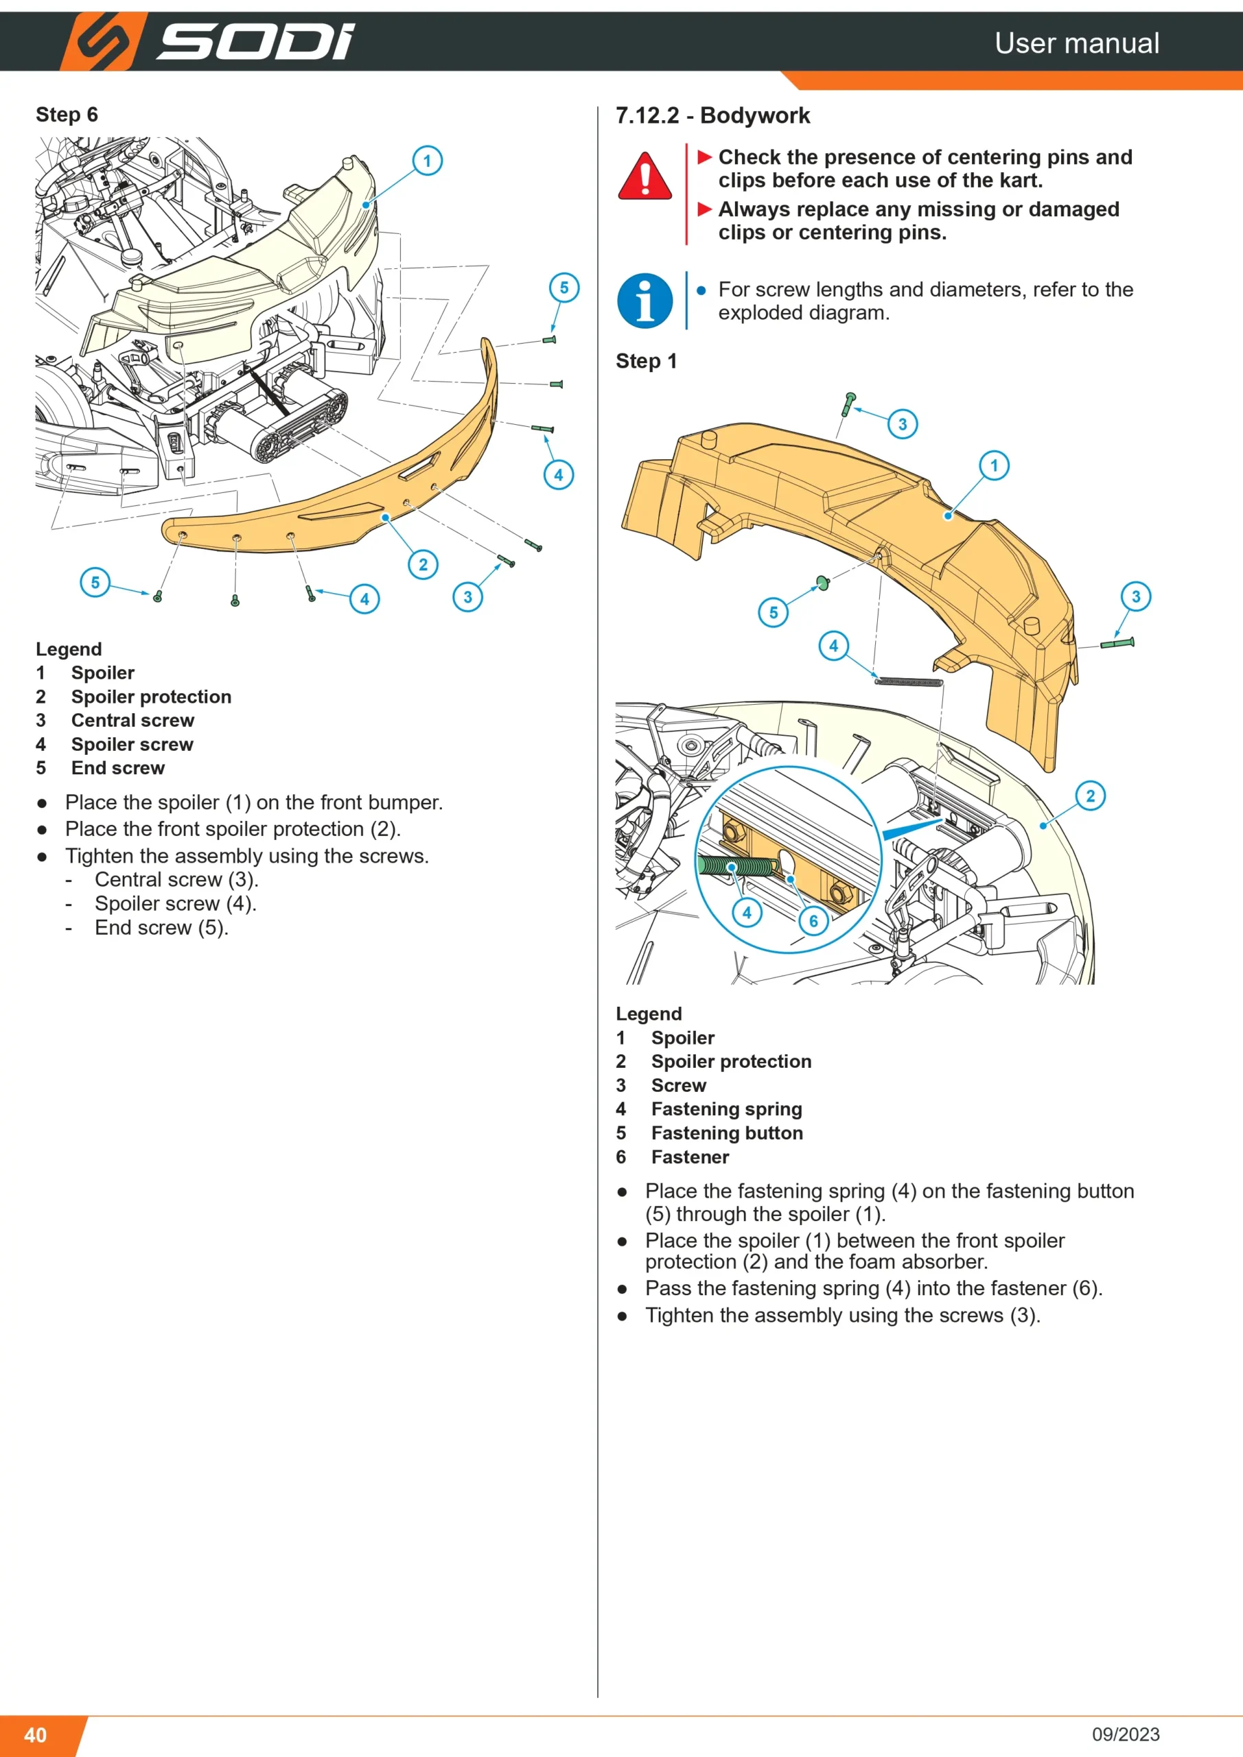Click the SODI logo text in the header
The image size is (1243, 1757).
[x=255, y=41]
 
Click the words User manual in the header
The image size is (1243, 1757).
[x=1077, y=43]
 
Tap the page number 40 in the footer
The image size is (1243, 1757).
[x=35, y=1734]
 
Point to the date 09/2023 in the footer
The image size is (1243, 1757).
[x=1126, y=1734]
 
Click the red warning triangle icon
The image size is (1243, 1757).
[x=645, y=176]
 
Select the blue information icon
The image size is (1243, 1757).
[x=645, y=301]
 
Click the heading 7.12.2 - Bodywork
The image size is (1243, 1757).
[x=712, y=115]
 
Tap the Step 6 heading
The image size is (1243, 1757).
[x=67, y=115]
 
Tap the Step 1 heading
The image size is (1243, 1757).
[x=647, y=361]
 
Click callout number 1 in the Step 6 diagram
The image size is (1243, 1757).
[x=427, y=161]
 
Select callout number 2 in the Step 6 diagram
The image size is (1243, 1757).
[x=423, y=565]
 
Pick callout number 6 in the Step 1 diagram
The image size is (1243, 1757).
[x=813, y=921]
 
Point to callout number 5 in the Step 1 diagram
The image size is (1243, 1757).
[x=774, y=612]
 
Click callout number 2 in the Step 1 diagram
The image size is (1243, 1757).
[x=1091, y=796]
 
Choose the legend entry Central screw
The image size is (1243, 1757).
[x=133, y=720]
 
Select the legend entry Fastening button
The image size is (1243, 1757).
[x=727, y=1132]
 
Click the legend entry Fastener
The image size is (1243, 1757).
[x=690, y=1156]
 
